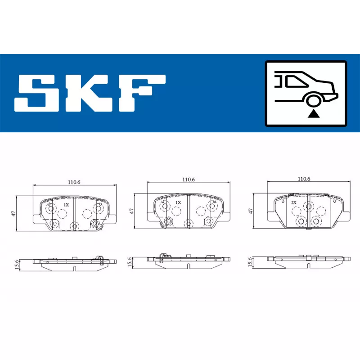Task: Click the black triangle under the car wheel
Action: click(x=314, y=114)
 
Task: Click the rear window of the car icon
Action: click(x=296, y=81)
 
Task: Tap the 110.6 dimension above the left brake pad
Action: click(x=74, y=182)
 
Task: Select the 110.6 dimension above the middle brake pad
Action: click(x=189, y=179)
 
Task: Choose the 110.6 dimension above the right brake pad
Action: click(x=304, y=179)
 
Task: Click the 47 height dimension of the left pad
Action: click(x=14, y=213)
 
